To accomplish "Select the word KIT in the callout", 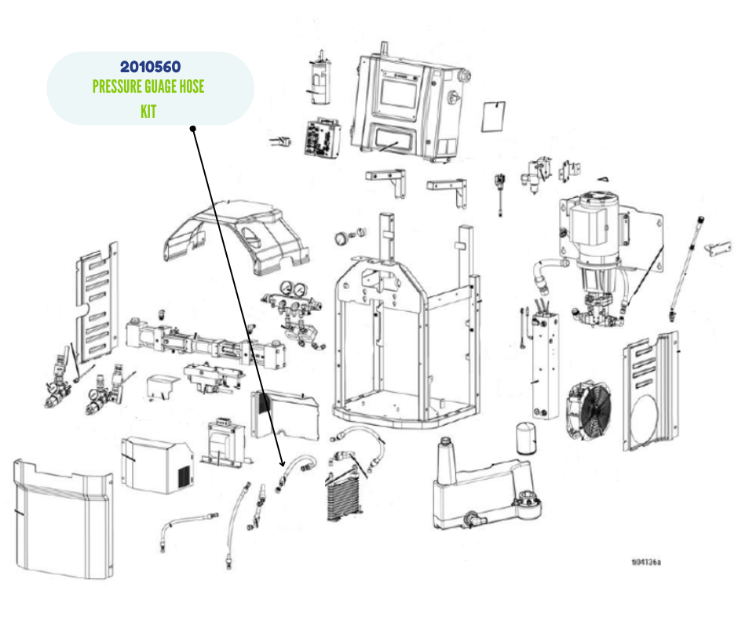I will pyautogui.click(x=148, y=112).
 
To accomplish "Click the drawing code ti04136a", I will pyautogui.click(x=645, y=562).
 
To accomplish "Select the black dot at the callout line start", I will pyautogui.click(x=192, y=128).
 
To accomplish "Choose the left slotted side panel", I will pyautogui.click(x=95, y=299).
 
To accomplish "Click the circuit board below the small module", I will pyautogui.click(x=323, y=138).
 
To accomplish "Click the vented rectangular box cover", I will pyautogui.click(x=156, y=463).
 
